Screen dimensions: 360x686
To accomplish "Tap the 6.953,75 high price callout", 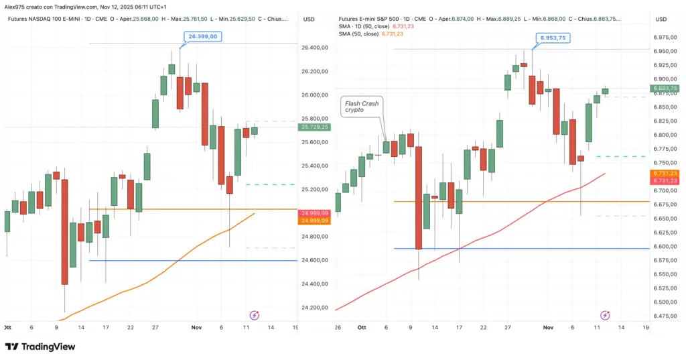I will [552, 38].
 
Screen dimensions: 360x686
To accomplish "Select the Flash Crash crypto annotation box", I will [363, 106].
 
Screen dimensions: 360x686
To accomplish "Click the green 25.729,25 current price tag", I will [315, 127].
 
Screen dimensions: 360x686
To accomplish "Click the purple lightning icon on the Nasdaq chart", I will [254, 314].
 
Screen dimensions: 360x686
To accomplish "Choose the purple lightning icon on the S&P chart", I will [605, 314].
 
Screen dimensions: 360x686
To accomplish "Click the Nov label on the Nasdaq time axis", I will [196, 327].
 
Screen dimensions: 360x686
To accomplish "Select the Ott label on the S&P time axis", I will [362, 327].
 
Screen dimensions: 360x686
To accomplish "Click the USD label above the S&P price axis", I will [661, 19].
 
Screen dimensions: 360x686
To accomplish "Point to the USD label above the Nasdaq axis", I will [309, 19].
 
